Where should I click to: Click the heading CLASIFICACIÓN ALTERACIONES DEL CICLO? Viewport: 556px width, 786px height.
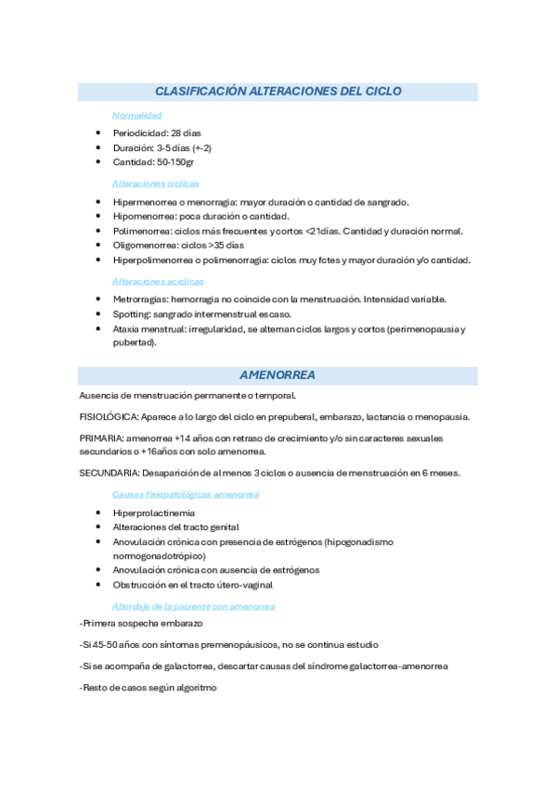coord(278,92)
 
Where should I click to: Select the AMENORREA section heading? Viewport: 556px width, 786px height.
coord(278,375)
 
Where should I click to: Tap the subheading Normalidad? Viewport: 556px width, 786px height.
coord(136,116)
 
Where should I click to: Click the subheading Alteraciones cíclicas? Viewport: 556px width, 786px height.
coord(155,184)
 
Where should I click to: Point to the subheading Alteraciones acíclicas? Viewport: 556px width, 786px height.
coord(157,281)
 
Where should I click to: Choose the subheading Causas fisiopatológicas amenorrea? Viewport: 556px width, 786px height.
coord(185,494)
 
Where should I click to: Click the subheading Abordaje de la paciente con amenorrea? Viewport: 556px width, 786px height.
coord(192,605)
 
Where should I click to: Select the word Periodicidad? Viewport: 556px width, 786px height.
coord(140,133)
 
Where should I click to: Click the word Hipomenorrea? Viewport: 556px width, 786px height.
coord(144,216)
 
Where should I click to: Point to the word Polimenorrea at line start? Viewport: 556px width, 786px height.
coord(143,231)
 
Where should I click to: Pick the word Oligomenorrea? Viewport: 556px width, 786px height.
coord(146,245)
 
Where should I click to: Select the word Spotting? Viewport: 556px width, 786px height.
coord(131,313)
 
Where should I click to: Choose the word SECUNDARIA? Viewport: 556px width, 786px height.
coord(110,473)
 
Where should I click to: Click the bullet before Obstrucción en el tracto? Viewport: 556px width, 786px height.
coord(98,585)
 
